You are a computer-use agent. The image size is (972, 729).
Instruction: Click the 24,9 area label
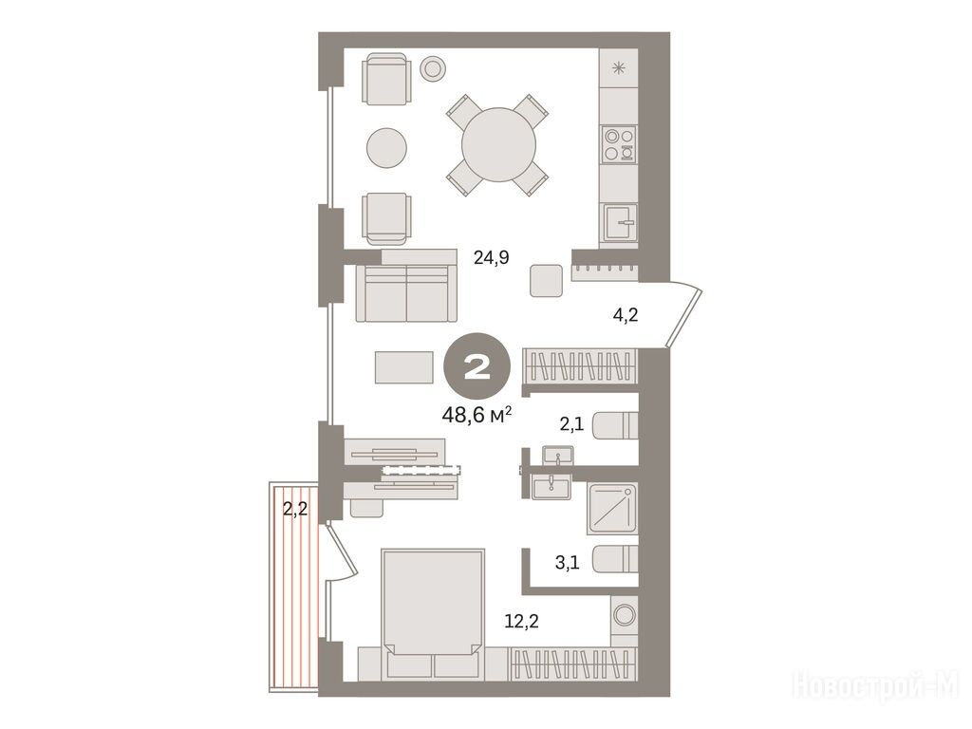tap(491, 257)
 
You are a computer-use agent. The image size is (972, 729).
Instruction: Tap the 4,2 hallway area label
tap(625, 315)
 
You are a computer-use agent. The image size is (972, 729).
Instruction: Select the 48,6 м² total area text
tap(477, 414)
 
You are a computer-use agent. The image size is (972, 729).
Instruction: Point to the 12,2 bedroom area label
tap(521, 621)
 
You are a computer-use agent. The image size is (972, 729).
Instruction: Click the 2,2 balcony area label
tap(295, 509)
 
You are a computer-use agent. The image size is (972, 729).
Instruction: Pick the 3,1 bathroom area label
tap(568, 563)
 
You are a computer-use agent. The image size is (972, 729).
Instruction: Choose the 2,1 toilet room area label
tap(571, 424)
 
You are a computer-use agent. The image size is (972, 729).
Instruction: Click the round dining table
tap(498, 145)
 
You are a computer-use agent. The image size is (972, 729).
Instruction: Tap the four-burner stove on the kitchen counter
tap(619, 144)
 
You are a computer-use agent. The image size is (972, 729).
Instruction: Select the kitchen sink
tap(620, 222)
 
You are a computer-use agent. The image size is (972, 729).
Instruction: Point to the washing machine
tap(624, 614)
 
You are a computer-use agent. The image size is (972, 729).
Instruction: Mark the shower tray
tap(612, 509)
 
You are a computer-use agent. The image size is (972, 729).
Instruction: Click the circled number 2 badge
tap(477, 369)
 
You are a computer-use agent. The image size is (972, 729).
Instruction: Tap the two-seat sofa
tap(402, 292)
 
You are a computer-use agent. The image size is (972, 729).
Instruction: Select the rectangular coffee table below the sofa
tap(403, 367)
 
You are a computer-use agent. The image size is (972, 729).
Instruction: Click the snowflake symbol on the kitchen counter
tap(619, 68)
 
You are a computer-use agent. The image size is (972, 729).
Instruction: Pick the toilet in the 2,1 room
tap(615, 425)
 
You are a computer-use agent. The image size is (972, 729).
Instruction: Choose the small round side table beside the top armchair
tap(433, 67)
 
